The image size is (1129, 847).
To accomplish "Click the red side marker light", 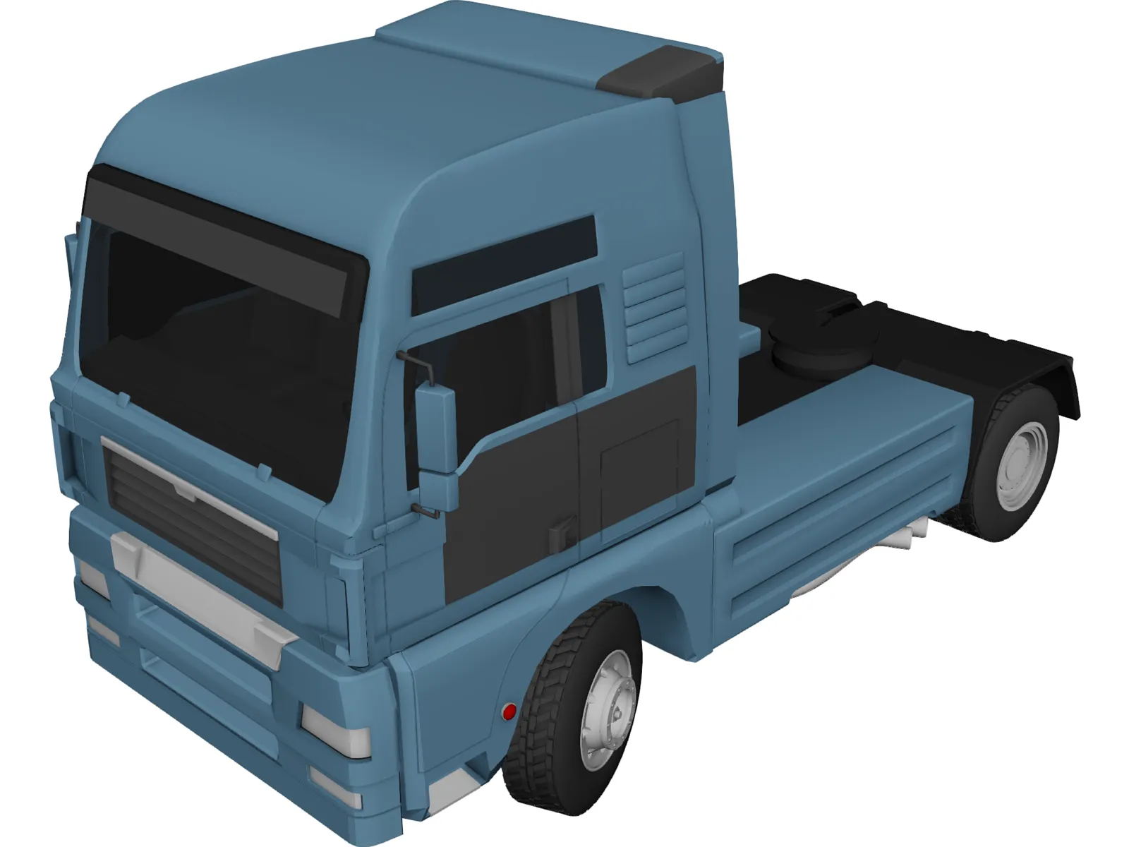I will [507, 711].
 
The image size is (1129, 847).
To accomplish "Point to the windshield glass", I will [212, 353].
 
